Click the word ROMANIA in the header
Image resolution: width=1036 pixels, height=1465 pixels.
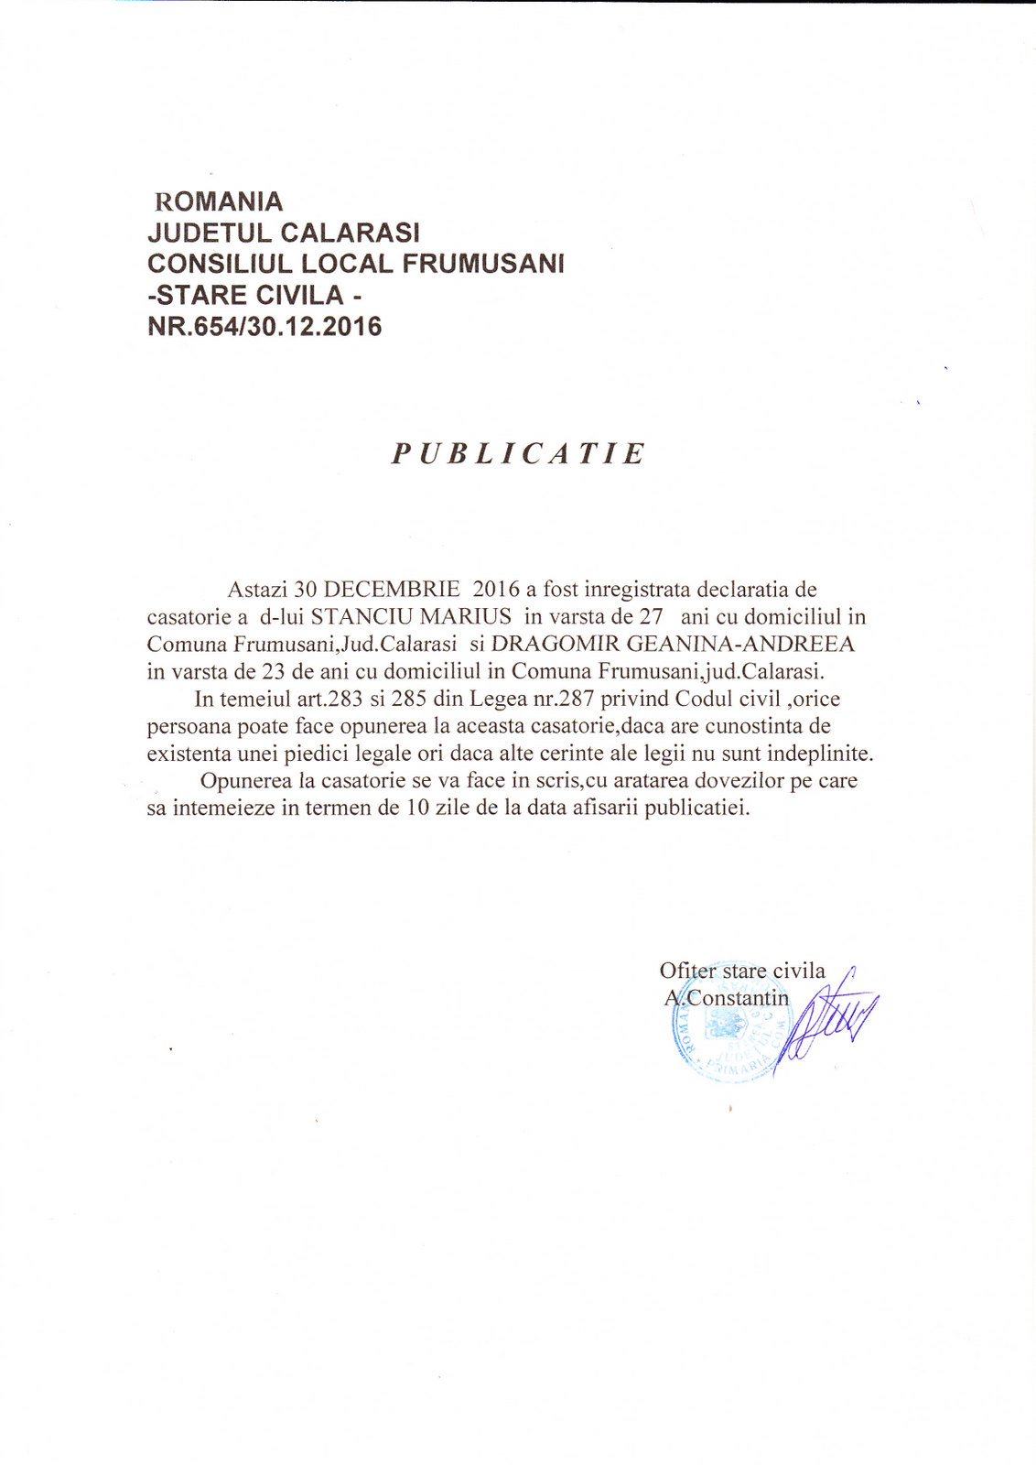tap(220, 201)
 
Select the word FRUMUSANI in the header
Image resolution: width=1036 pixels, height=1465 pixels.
tap(483, 264)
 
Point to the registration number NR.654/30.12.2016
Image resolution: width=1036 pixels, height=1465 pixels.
tap(264, 326)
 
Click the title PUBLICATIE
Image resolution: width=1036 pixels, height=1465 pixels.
tap(518, 453)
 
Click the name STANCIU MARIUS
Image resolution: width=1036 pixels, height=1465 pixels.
tap(411, 616)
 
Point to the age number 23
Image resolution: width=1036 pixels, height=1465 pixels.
tap(275, 671)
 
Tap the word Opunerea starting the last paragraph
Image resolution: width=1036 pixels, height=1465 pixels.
tap(246, 781)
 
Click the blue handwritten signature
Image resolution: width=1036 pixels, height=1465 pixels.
tap(828, 1021)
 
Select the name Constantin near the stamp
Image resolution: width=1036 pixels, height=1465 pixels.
tap(738, 997)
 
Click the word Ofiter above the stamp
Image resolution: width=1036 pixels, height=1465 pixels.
tap(688, 971)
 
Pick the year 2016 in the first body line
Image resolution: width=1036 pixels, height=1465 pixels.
tap(496, 589)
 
